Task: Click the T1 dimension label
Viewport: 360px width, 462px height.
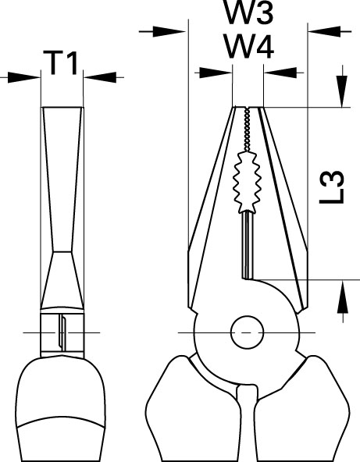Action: pyautogui.click(x=61, y=62)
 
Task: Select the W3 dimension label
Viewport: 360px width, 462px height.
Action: pyautogui.click(x=249, y=12)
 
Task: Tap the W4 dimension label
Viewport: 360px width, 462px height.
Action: pyautogui.click(x=249, y=46)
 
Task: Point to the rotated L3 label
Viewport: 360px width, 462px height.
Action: pyautogui.click(x=332, y=187)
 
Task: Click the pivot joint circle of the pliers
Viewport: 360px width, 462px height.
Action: pyautogui.click(x=247, y=332)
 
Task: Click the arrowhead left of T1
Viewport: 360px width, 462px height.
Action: pyautogui.click(x=24, y=77)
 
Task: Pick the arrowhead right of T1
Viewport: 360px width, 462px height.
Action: pyautogui.click(x=100, y=77)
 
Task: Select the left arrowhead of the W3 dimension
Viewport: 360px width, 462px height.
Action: pyautogui.click(x=169, y=31)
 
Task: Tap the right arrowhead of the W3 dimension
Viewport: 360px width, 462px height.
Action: pyautogui.click(x=325, y=31)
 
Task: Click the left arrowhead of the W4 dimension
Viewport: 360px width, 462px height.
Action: pyautogui.click(x=216, y=73)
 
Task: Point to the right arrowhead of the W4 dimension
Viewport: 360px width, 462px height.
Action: pyautogui.click(x=280, y=73)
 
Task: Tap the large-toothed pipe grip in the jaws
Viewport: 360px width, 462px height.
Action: pyautogui.click(x=247, y=182)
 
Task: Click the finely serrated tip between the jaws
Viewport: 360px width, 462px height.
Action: pyautogui.click(x=247, y=130)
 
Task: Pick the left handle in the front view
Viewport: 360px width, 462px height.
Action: pyautogui.click(x=194, y=410)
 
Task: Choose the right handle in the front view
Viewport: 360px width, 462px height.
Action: pyautogui.click(x=302, y=410)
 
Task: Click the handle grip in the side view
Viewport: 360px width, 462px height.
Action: pyautogui.click(x=61, y=410)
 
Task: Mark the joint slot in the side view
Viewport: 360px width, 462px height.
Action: pyautogui.click(x=62, y=332)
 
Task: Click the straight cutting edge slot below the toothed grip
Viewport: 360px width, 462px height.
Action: pyautogui.click(x=248, y=245)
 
